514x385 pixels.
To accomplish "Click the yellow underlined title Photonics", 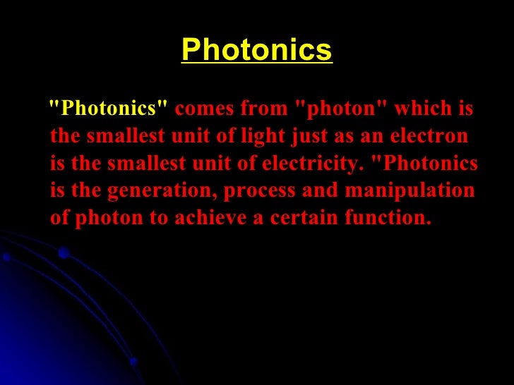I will (x=256, y=50).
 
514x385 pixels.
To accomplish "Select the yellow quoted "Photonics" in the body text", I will (x=108, y=110).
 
